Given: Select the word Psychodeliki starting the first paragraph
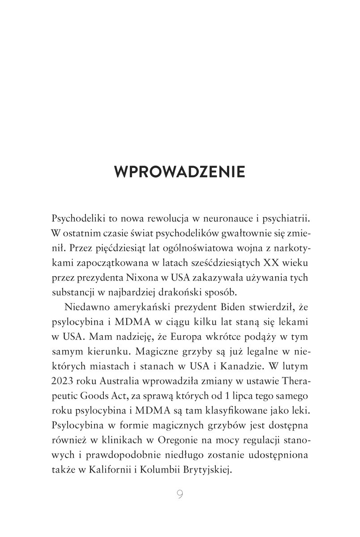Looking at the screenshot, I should (x=78, y=220).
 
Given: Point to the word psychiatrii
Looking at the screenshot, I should (x=283, y=220).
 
